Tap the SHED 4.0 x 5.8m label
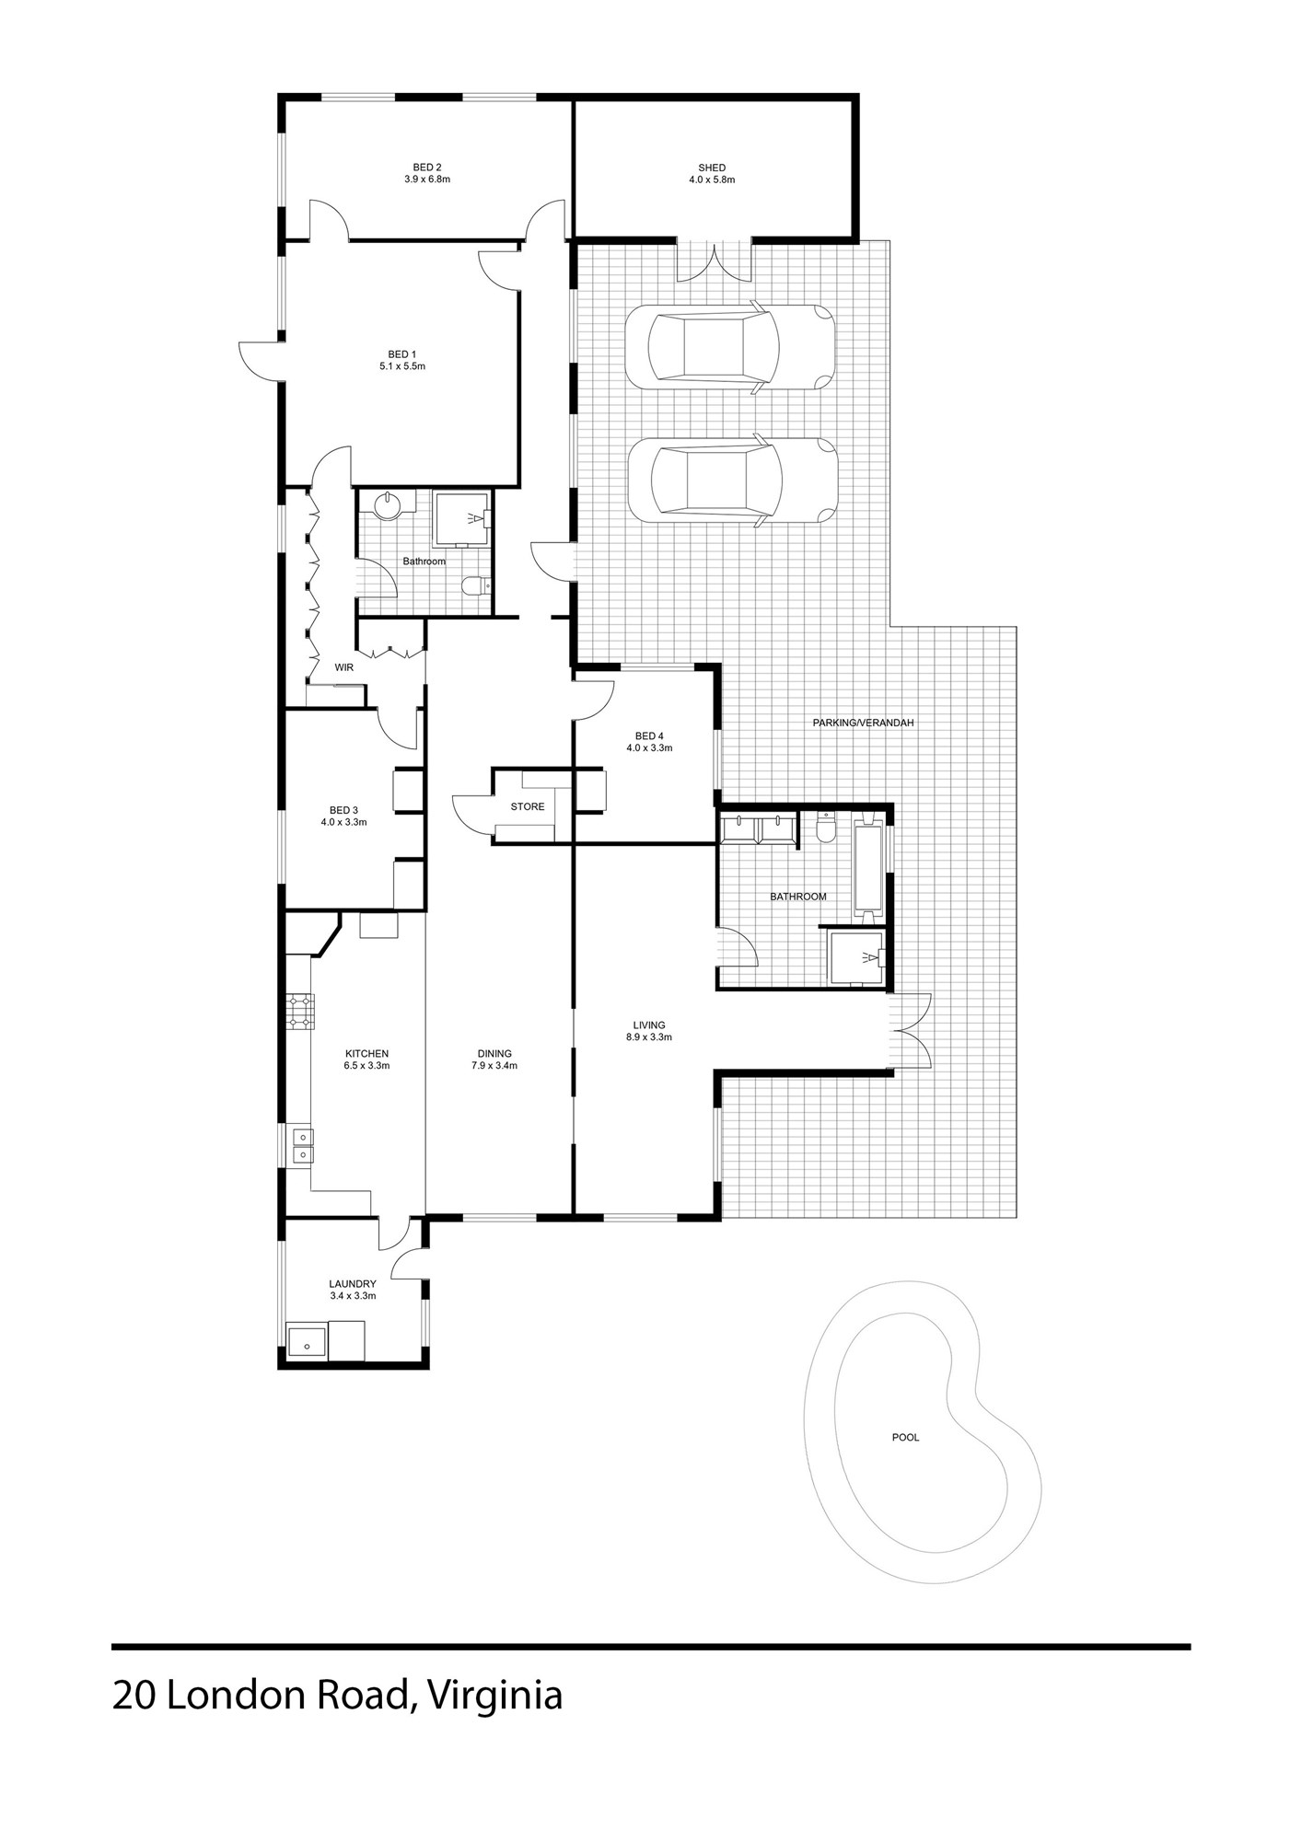click(x=712, y=174)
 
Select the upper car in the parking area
click(x=729, y=347)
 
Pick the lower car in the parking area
click(x=732, y=481)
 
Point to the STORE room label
click(x=528, y=807)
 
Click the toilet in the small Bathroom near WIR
click(x=475, y=586)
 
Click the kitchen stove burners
click(x=299, y=1011)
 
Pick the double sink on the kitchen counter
click(x=301, y=1146)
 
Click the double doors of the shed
click(x=715, y=261)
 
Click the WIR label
click(x=344, y=667)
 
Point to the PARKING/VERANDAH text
click(x=863, y=724)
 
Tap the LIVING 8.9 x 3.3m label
click(x=648, y=1031)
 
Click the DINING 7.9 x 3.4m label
click(x=494, y=1059)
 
